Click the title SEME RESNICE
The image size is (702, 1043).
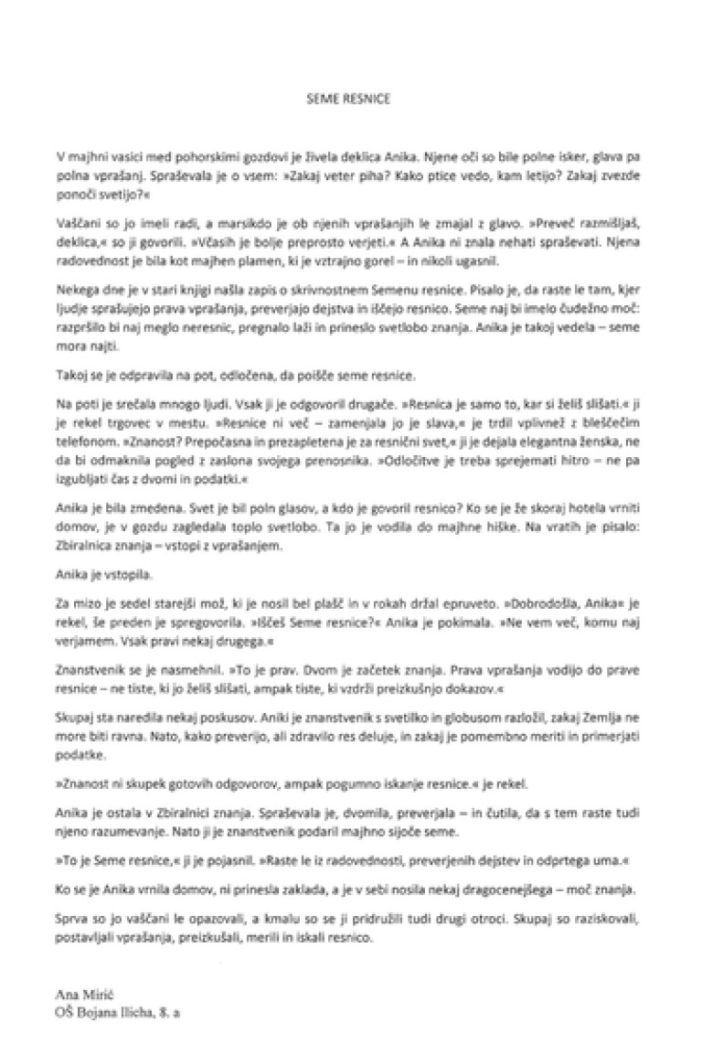pyautogui.click(x=348, y=99)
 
